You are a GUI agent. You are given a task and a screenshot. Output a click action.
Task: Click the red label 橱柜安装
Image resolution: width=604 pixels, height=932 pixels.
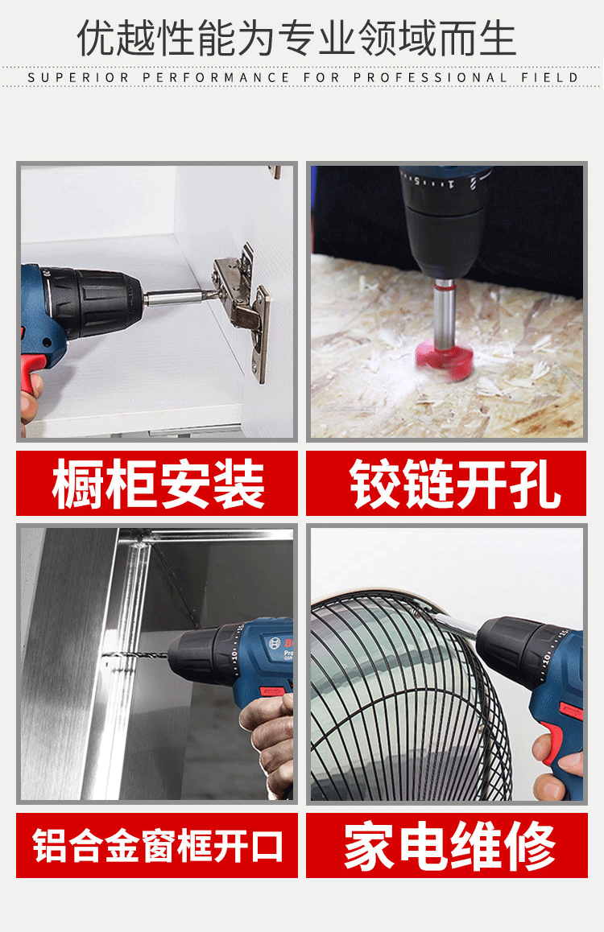click(157, 483)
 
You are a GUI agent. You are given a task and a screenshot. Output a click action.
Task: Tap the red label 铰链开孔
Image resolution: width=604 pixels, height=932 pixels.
click(446, 483)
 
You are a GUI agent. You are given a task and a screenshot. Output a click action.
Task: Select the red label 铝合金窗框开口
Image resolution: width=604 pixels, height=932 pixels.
click(157, 845)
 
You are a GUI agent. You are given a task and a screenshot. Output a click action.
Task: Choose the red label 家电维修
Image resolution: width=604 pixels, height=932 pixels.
click(447, 845)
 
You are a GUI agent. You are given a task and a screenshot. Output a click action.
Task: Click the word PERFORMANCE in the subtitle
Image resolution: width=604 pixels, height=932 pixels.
click(216, 77)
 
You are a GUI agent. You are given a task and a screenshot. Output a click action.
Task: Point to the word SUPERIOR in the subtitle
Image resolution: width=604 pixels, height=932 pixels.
click(78, 77)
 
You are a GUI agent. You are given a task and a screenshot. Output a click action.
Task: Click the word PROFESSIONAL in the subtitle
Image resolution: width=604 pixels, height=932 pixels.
click(430, 77)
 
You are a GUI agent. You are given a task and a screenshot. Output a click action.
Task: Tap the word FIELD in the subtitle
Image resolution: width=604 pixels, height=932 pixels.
click(550, 77)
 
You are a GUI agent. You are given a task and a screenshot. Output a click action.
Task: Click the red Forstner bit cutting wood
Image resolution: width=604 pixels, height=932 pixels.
click(444, 359)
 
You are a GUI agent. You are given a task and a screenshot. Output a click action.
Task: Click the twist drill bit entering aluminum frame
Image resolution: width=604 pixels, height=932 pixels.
click(136, 657)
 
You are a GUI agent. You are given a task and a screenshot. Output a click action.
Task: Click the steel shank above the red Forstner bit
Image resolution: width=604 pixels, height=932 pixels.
click(444, 312)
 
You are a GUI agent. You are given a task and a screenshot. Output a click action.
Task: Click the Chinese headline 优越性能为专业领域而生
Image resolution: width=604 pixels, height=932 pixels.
click(296, 38)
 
